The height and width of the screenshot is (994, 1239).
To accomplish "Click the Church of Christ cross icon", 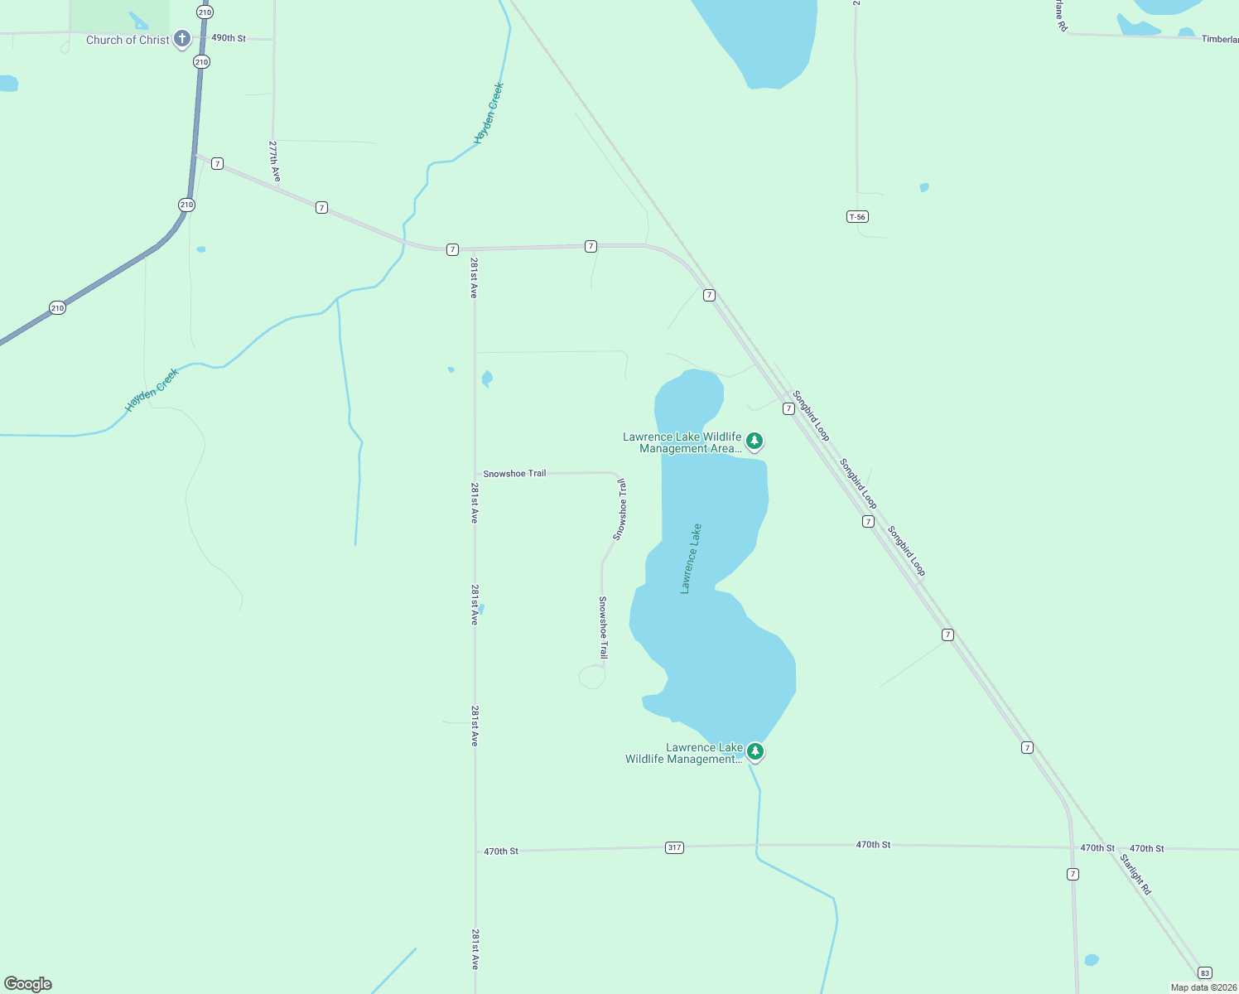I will pos(182,38).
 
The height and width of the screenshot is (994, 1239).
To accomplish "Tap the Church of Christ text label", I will pos(128,40).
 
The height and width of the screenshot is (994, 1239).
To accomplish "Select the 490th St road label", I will pos(229,38).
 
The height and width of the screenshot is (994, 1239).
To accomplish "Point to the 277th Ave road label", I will pos(275,161).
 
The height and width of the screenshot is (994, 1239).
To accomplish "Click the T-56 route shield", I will pos(857,217).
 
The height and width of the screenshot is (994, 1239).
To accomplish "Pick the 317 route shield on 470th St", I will pos(675,847).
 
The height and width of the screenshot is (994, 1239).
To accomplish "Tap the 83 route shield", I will pos(1205,972).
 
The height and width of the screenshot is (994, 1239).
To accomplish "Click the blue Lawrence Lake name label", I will pos(691,558).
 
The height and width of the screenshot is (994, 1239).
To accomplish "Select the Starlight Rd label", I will pos(1135,875).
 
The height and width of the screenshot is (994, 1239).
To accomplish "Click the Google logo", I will pos(28,984).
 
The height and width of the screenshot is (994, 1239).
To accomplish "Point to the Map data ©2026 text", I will pos(1203,987).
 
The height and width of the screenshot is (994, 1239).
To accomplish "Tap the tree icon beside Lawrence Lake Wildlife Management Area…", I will pos(754,440).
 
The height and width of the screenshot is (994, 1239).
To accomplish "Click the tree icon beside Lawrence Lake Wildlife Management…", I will pos(754,751).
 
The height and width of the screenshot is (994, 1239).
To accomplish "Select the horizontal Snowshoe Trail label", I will pos(514,474).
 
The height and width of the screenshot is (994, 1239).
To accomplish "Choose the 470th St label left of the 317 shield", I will pos(501,852).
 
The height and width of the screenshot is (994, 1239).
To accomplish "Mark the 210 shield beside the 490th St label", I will pos(201,62).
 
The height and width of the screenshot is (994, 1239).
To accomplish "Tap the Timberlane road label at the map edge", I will pos(1220,39).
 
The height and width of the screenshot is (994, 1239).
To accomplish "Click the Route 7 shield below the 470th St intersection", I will pos(1073,875).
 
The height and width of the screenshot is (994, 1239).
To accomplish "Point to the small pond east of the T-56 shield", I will pos(924,187).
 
